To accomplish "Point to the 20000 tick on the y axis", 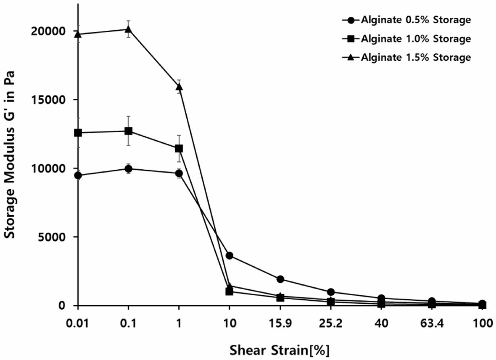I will (x=48, y=31).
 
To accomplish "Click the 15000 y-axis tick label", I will (x=48, y=100).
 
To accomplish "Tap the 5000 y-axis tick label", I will (x=51, y=237).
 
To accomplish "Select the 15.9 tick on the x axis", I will (x=280, y=323).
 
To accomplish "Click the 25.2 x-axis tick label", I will (x=331, y=323).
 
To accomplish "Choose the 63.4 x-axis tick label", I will (x=432, y=323).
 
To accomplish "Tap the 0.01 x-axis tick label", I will (x=78, y=323).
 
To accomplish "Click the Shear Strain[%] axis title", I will (x=279, y=350).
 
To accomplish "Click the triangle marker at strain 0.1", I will (x=129, y=29).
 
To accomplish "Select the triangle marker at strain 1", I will (x=179, y=87).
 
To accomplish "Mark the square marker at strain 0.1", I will (x=129, y=131).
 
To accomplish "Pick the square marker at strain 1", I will (x=179, y=149).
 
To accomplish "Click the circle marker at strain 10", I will (x=229, y=256).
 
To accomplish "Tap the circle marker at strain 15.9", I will (x=280, y=279).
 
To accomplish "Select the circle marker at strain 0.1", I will (x=129, y=169).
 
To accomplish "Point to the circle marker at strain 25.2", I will (x=331, y=292).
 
